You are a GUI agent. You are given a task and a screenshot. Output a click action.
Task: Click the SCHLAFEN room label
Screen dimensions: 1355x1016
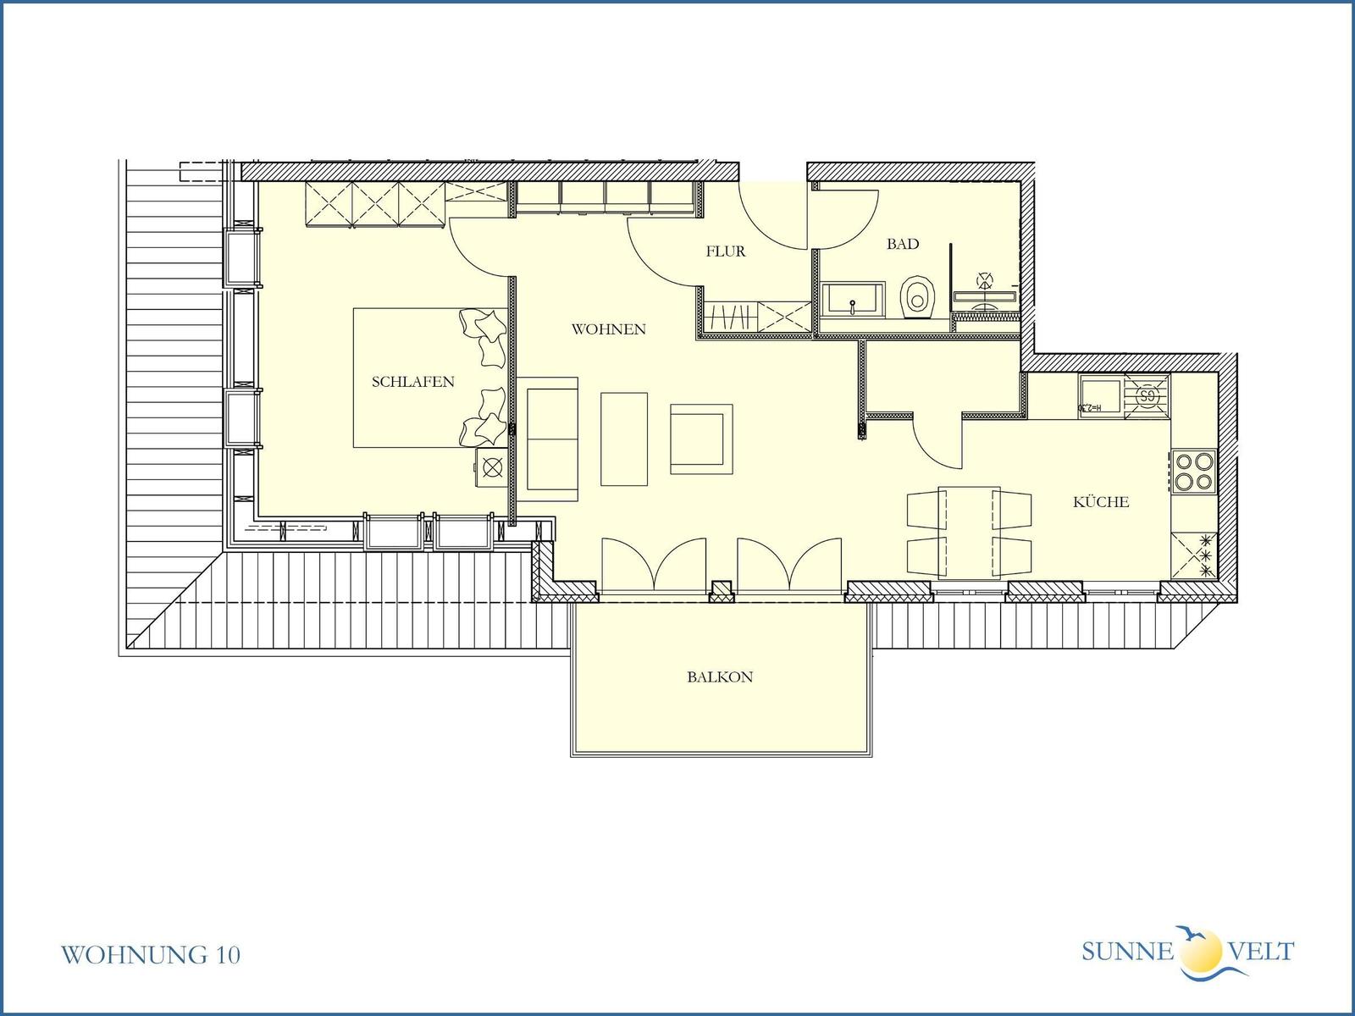click(x=413, y=382)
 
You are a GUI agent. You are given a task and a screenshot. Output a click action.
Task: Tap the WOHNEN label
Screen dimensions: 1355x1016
click(x=609, y=329)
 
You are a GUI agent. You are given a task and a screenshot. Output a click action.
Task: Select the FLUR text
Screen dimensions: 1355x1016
click(x=726, y=251)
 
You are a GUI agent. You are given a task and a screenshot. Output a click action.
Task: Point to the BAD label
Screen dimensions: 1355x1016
click(x=903, y=244)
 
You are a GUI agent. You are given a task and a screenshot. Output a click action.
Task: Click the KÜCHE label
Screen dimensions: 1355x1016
click(x=1101, y=501)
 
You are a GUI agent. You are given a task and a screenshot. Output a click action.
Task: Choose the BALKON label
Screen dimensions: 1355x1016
click(x=720, y=676)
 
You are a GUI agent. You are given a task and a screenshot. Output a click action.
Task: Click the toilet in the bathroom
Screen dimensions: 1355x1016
click(x=917, y=296)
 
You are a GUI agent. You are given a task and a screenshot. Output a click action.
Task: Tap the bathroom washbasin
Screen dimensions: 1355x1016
click(x=853, y=299)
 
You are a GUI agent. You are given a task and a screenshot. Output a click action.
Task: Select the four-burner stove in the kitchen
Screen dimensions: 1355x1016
click(x=1194, y=472)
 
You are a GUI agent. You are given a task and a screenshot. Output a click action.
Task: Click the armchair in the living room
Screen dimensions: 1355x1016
click(x=701, y=439)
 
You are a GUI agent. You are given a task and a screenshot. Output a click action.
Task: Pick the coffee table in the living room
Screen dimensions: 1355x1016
click(x=624, y=439)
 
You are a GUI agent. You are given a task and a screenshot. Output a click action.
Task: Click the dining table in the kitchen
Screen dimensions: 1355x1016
click(x=969, y=533)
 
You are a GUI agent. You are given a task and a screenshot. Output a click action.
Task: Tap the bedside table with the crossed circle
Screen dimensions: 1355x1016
click(x=491, y=467)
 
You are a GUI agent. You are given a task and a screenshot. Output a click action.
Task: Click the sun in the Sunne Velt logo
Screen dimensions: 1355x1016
click(x=1201, y=951)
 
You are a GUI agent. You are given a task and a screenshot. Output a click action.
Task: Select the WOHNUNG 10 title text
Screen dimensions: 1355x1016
click(x=151, y=955)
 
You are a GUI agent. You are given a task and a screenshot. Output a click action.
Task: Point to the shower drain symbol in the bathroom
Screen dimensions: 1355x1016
click(x=985, y=281)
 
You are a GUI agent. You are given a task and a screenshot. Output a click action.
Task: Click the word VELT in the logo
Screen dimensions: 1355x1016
click(x=1262, y=952)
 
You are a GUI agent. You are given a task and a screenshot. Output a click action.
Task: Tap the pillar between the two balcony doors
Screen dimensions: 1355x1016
click(x=721, y=591)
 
